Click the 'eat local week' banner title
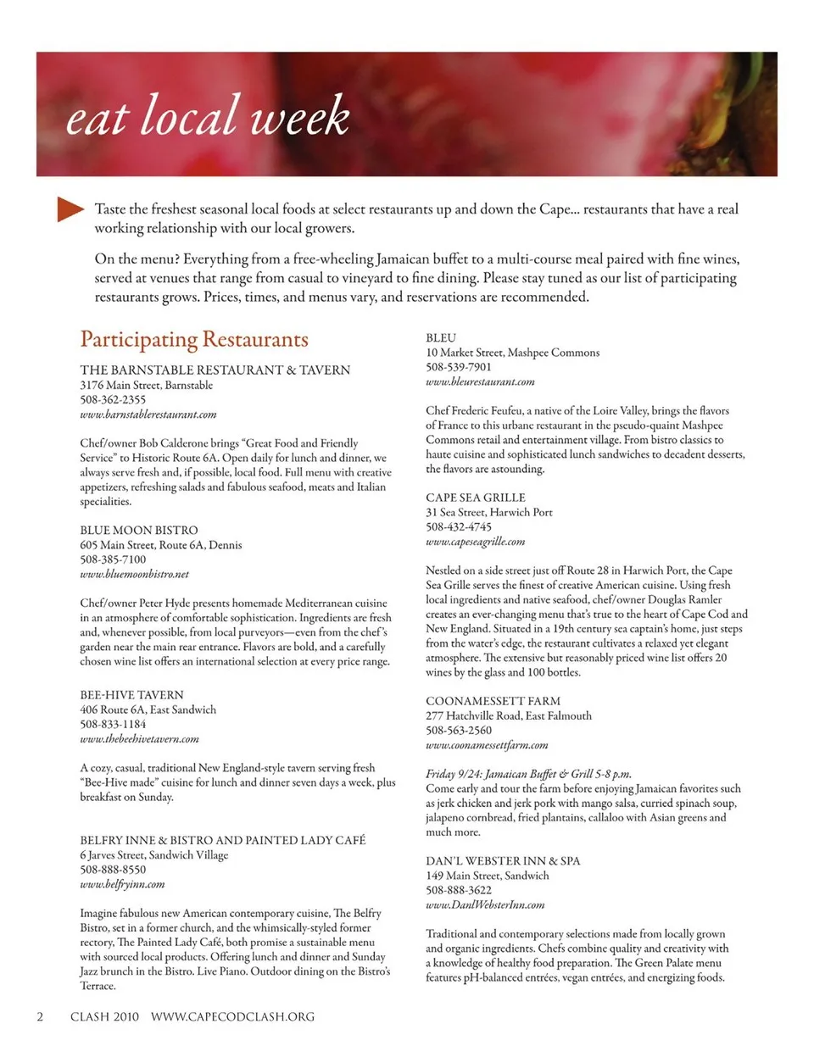[x=208, y=116]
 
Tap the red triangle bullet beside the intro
[x=70, y=209]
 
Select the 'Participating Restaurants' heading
[x=194, y=340]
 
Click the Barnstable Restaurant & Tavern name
[x=215, y=370]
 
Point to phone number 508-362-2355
[x=113, y=400]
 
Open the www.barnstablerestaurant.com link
[x=148, y=414]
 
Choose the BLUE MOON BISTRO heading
[x=139, y=531]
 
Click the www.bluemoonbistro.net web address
[x=134, y=574]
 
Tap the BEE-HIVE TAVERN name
[x=131, y=695]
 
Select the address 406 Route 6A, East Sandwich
[x=148, y=709]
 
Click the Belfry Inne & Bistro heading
[x=222, y=841]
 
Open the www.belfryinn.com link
[x=122, y=884]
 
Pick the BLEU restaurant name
[x=441, y=338]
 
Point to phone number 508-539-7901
[x=459, y=367]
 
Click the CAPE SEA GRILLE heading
[x=476, y=498]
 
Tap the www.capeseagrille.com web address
[x=475, y=541]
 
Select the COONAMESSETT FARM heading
[x=493, y=701]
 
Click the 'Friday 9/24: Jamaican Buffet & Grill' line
[x=528, y=774]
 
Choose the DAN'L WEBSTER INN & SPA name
[x=503, y=861]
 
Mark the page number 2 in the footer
[x=40, y=1016]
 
